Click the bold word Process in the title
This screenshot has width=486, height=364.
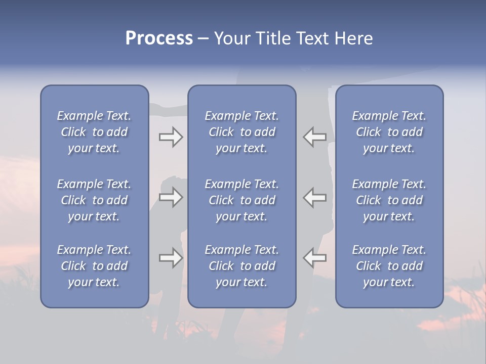click(159, 38)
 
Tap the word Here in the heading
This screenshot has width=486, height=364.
click(354, 38)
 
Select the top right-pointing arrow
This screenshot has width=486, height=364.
click(171, 137)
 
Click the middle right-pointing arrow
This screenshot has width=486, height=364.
click(171, 197)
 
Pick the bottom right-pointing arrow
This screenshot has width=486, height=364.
click(171, 258)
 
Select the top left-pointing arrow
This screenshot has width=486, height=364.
click(315, 137)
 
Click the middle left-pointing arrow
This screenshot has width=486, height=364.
click(315, 197)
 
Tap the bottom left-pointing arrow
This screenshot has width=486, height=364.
click(315, 258)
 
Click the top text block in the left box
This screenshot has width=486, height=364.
click(94, 132)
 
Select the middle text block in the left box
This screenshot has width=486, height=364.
click(94, 200)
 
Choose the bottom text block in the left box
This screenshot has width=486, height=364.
click(94, 266)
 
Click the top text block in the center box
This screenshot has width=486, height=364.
click(241, 132)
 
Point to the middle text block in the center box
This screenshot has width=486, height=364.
click(241, 200)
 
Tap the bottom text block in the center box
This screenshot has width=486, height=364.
click(241, 266)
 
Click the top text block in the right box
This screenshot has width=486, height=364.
click(389, 132)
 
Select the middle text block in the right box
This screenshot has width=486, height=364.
click(389, 200)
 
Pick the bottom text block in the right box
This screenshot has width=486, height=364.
click(389, 266)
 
